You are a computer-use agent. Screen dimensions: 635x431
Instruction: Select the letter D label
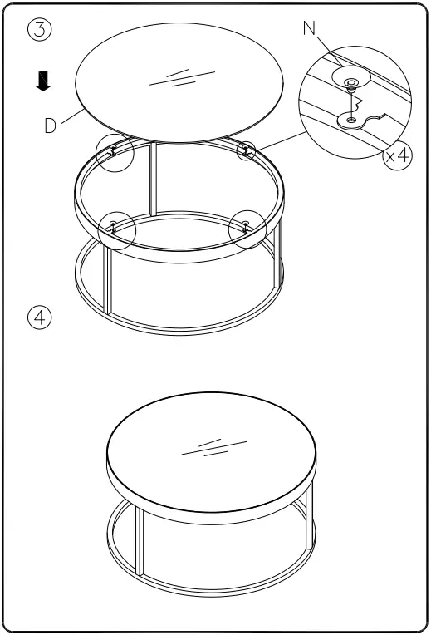(51, 126)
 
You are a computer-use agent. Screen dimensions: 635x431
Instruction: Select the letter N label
(310, 29)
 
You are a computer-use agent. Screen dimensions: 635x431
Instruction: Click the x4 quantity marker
(396, 156)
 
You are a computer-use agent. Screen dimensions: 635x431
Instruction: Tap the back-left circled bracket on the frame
(112, 151)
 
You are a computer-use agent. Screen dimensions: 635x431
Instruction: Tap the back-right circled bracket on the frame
(247, 150)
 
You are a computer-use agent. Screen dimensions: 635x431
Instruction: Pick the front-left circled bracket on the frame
(113, 227)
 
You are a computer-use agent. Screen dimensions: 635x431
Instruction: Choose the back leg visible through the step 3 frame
(153, 179)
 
